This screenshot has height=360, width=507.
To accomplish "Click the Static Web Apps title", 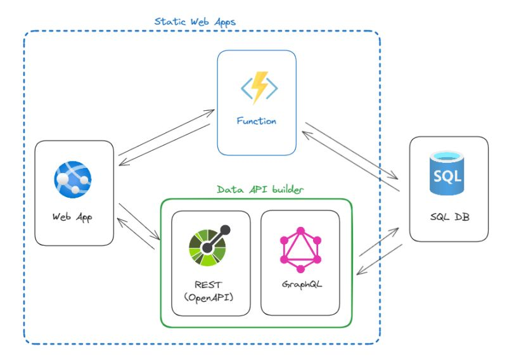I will point(195,22).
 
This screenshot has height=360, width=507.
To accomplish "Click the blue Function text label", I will point(257,120).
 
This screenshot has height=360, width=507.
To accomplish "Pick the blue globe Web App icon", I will point(73,178).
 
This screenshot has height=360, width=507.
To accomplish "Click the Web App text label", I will point(74,217).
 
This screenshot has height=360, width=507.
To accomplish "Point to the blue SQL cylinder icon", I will point(449,172).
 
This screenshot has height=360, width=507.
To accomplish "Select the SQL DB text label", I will point(449,217).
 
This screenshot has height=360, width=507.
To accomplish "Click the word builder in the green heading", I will point(286,190).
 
